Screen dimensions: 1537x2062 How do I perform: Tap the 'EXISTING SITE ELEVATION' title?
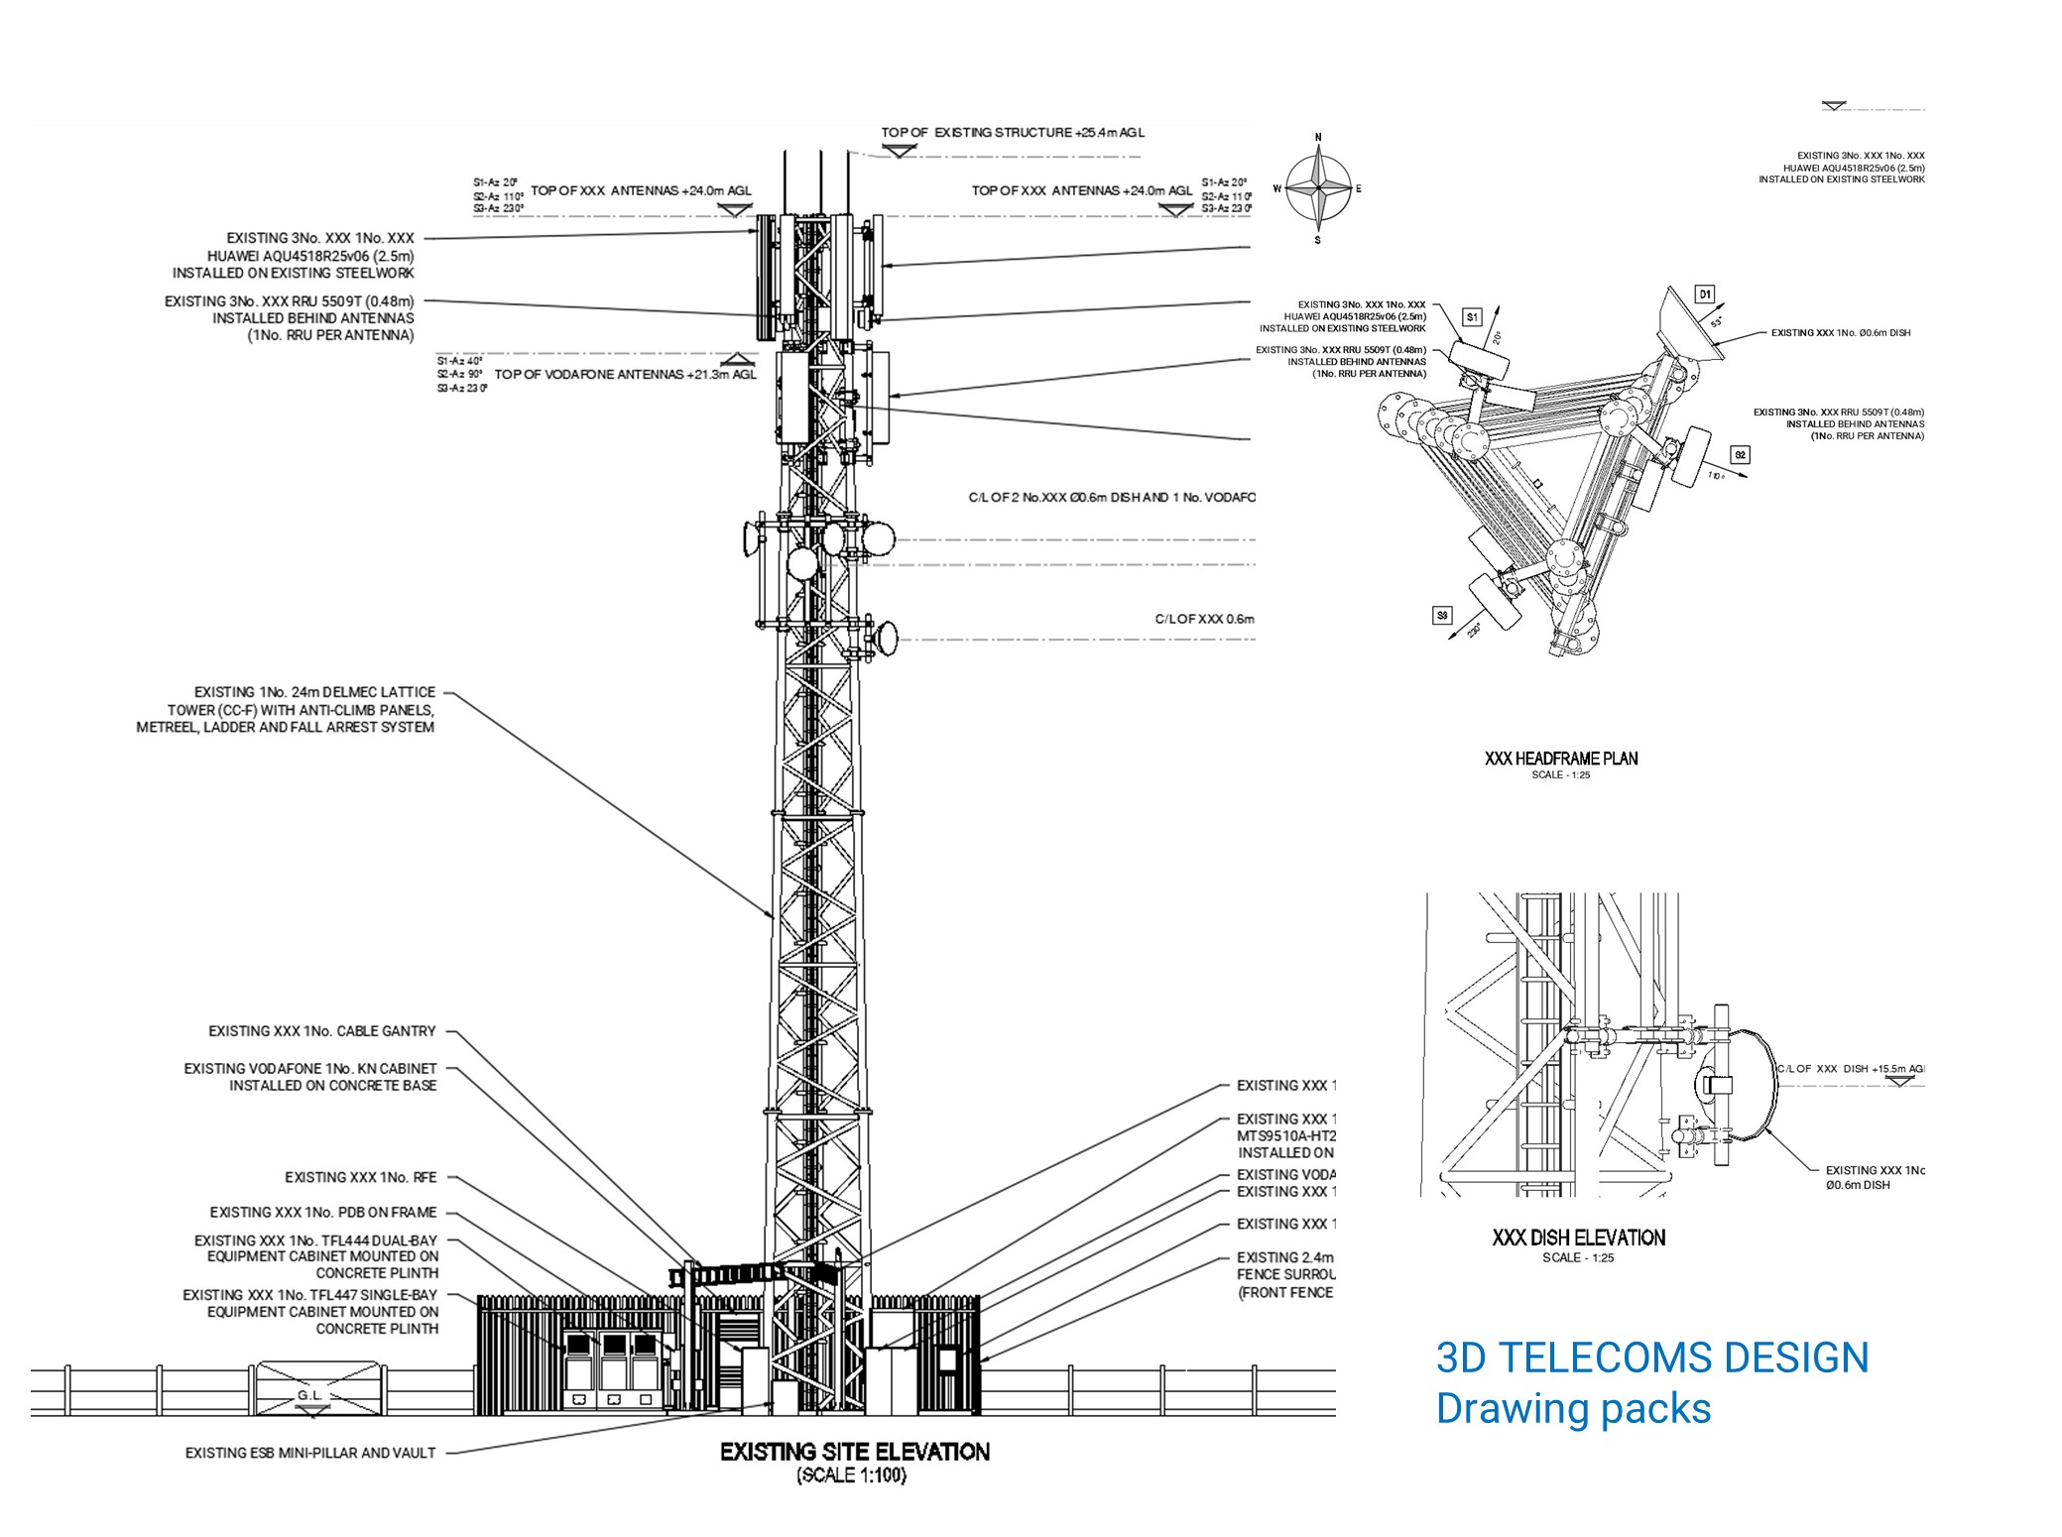point(854,1452)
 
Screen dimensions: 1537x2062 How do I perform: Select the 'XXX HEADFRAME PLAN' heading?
point(1560,759)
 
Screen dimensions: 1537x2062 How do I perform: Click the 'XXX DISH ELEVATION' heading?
point(1578,1238)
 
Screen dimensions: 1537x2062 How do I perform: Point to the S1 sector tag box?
point(1472,317)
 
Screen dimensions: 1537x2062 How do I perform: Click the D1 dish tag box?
point(1704,295)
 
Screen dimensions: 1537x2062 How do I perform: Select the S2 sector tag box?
point(1740,455)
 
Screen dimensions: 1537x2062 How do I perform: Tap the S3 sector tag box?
point(1442,616)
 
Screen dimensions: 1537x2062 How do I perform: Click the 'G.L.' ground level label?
point(309,1395)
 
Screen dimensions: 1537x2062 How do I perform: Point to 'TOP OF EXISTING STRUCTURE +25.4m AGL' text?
point(1013,132)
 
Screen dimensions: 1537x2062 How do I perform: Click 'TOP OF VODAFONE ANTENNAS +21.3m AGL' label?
point(625,375)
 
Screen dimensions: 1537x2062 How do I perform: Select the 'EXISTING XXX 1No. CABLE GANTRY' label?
point(321,1031)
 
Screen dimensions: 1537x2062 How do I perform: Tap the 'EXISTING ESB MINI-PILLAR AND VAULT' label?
point(309,1453)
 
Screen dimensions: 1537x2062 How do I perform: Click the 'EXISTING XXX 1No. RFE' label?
point(360,1177)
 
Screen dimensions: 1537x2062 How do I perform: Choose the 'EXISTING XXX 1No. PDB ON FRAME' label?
point(322,1212)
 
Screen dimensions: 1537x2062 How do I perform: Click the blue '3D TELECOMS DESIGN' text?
point(1651,1358)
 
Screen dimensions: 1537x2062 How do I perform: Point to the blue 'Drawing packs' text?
point(1573,1409)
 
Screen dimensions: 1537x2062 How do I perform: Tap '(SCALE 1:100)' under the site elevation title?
point(852,1476)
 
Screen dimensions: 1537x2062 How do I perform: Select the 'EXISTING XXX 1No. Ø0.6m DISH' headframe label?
point(1840,333)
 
